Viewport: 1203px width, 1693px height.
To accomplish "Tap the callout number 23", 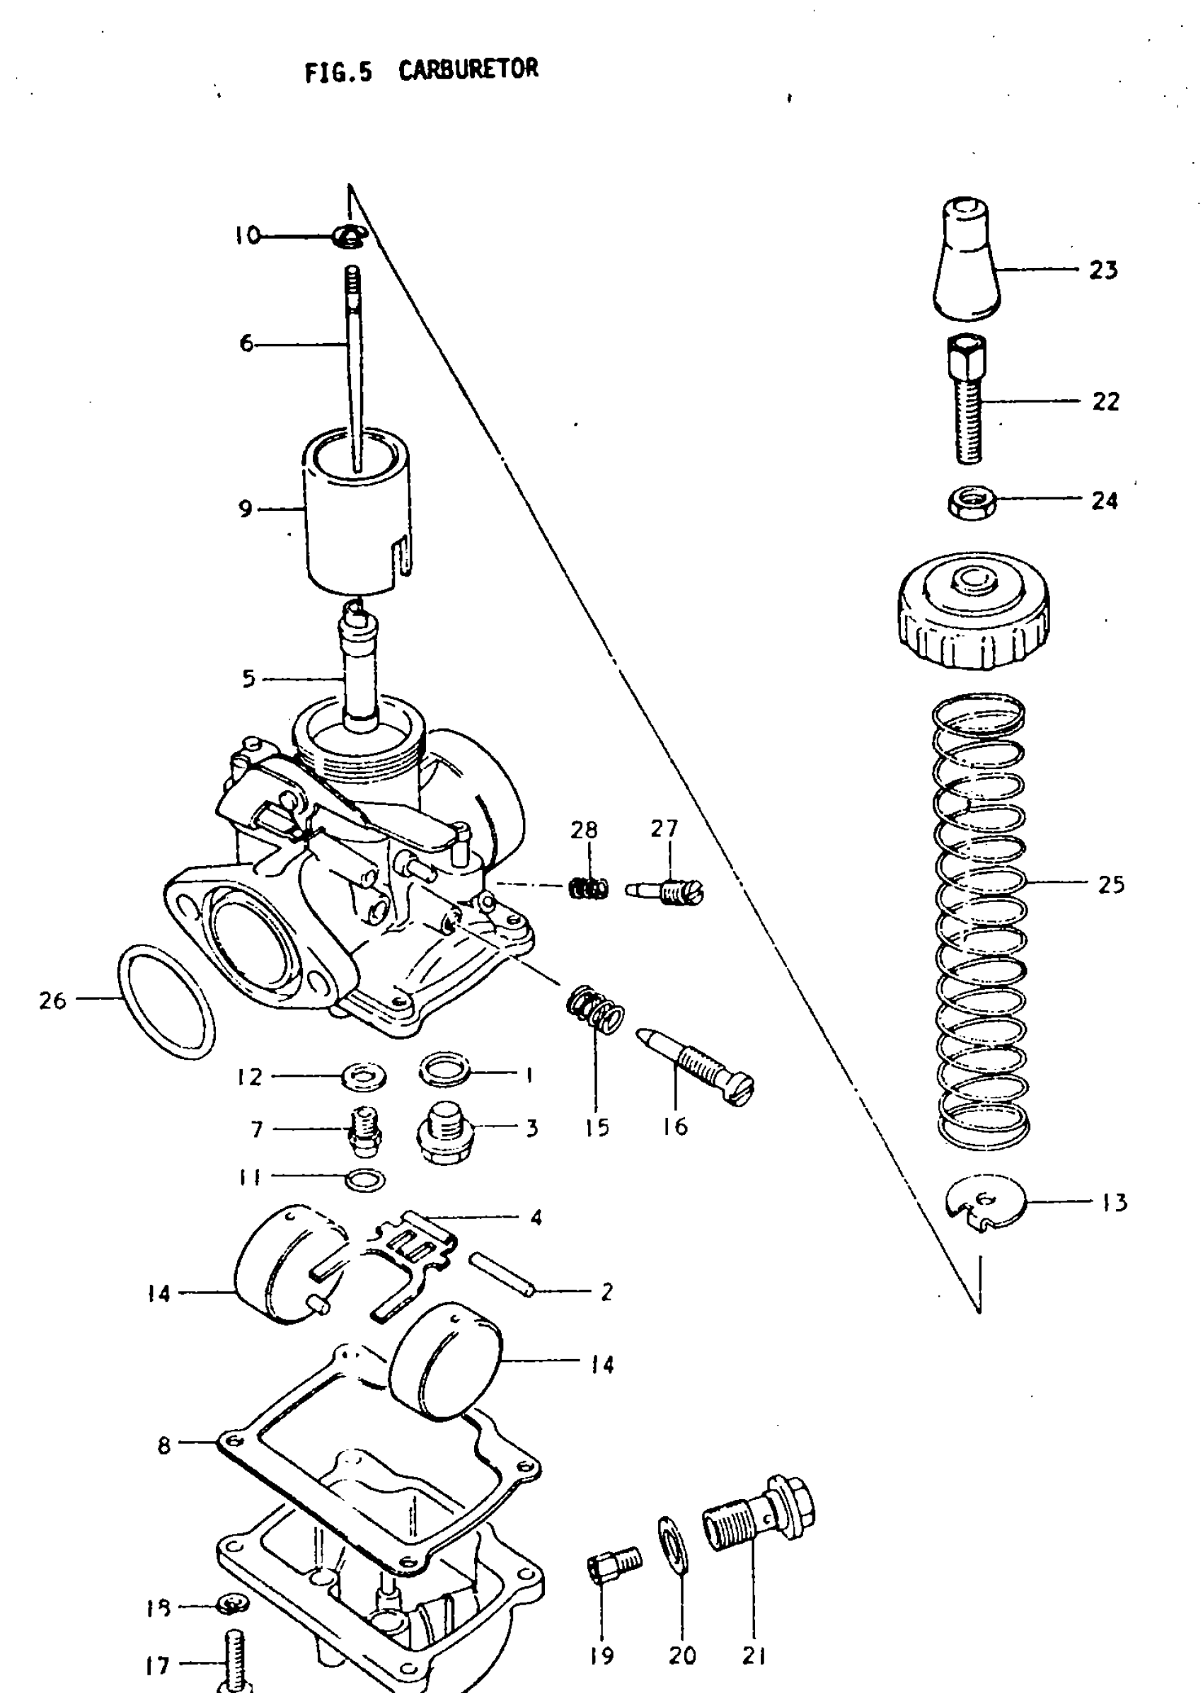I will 1103,270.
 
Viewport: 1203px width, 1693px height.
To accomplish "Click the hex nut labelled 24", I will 972,504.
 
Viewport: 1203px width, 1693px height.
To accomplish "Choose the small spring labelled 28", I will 589,887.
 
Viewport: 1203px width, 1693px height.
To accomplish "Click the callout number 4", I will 536,1218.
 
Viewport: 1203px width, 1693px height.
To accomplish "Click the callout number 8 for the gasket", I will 164,1445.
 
